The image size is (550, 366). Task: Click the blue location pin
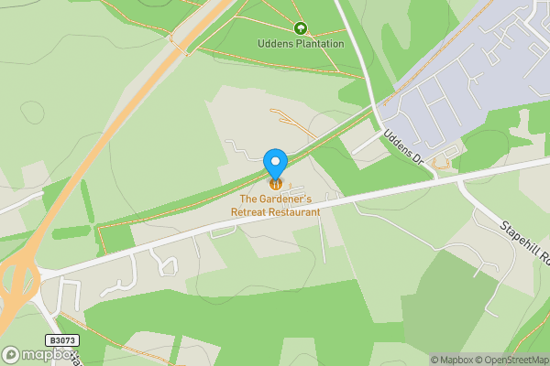click(276, 163)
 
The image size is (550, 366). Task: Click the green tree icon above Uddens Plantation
click(301, 28)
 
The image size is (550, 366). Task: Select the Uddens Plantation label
click(301, 43)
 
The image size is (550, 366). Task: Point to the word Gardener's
click(287, 199)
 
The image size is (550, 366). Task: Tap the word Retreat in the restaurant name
click(247, 211)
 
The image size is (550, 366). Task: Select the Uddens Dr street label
click(403, 146)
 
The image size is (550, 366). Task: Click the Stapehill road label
click(524, 241)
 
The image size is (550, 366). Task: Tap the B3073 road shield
click(62, 340)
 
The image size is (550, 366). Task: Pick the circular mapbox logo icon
click(11, 355)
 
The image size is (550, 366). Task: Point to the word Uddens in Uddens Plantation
click(276, 43)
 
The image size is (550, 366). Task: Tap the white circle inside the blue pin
click(276, 161)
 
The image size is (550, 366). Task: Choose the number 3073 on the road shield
click(65, 340)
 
